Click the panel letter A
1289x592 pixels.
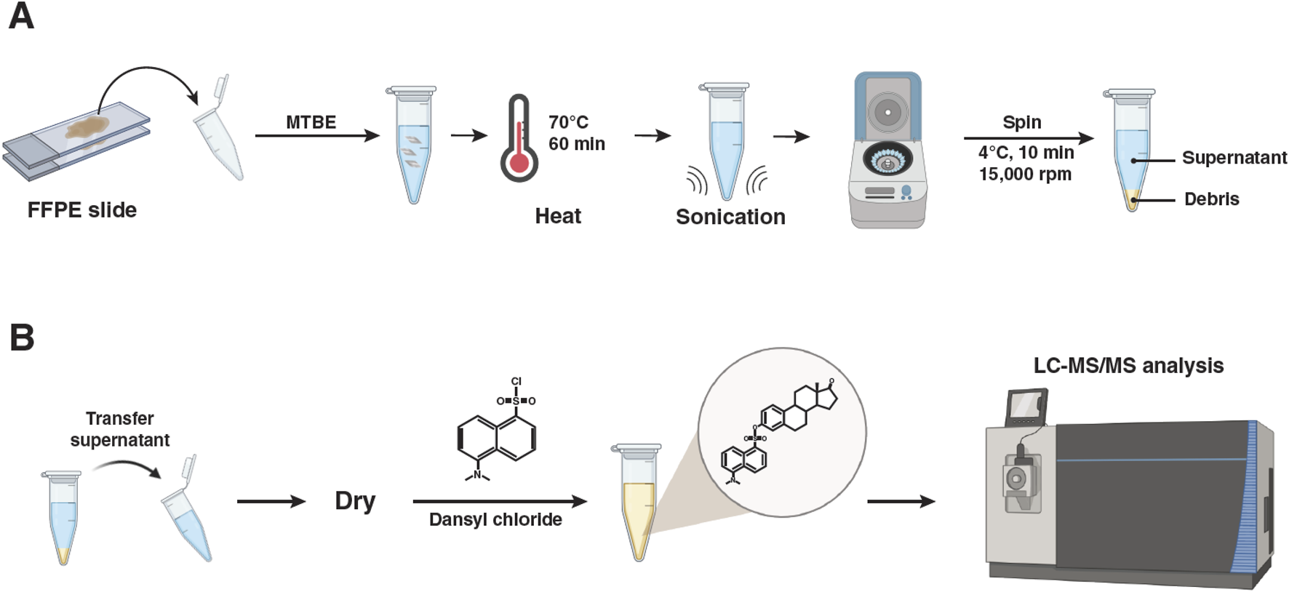21,16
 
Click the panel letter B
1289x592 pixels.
22,337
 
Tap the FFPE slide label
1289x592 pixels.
81,210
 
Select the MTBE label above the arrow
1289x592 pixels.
311,122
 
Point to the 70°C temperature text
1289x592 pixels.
568,122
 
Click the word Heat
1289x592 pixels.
557,216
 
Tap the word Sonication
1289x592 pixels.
730,217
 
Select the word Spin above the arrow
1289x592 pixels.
1021,122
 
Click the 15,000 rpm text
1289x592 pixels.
1025,175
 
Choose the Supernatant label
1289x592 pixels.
1234,158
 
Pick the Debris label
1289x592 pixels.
1211,199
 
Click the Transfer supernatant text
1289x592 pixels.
120,429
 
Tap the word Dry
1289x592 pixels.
355,501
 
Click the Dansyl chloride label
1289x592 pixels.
495,519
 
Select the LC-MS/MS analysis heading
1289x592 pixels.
1128,365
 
